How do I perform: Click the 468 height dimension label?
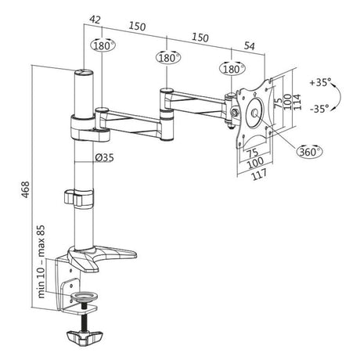26,189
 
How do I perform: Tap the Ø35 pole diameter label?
104,157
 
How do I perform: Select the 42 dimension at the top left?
95,20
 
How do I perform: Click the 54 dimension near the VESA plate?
250,46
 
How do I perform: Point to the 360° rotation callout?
309,151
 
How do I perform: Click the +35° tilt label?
320,82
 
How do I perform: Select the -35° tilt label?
319,108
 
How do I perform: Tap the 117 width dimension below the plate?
259,175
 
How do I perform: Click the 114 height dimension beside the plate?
297,102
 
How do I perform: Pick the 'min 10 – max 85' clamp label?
41,261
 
